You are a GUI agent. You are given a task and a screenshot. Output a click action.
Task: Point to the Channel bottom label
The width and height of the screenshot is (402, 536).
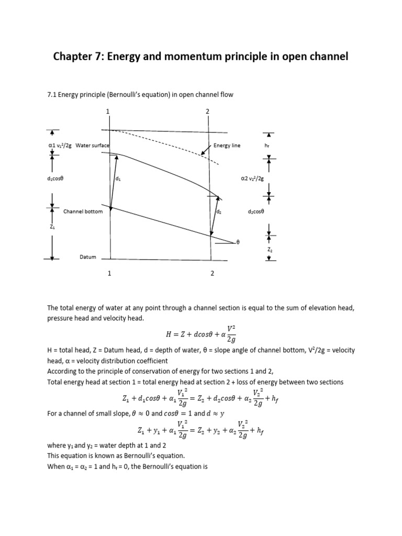click(83, 211)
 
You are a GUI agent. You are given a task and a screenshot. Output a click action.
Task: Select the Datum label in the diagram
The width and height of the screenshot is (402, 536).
click(87, 257)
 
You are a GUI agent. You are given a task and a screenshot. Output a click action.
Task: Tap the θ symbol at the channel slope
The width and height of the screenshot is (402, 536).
click(238, 243)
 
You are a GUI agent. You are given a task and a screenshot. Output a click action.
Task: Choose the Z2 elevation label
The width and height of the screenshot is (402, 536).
click(270, 251)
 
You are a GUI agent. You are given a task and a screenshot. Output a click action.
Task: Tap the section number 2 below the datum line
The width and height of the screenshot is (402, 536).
click(212, 273)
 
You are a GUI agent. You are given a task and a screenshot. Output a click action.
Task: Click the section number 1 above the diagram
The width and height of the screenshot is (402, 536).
click(108, 111)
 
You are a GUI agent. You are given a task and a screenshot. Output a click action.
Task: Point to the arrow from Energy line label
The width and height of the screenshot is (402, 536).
click(206, 151)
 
